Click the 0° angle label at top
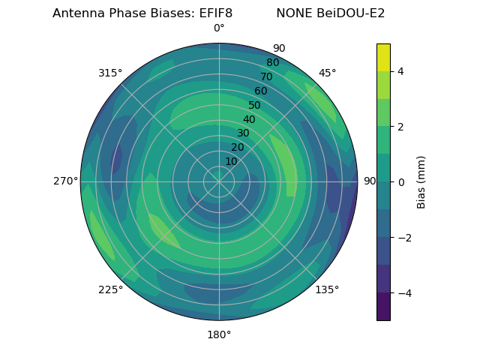[x=219, y=28]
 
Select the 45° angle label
[x=327, y=73]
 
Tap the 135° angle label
[x=327, y=290]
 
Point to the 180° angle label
[x=219, y=334]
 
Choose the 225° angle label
[x=110, y=290]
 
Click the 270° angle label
[x=66, y=181]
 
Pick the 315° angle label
[x=110, y=73]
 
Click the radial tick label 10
[x=231, y=161]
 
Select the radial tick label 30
[x=243, y=133]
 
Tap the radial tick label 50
[x=255, y=106]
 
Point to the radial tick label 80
[x=272, y=63]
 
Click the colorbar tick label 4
[x=400, y=71]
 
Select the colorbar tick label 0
[x=400, y=182]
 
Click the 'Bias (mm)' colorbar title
[x=421, y=182]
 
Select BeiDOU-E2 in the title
[x=352, y=13]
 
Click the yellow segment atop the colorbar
[x=383, y=57]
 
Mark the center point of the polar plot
[x=219, y=181]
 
